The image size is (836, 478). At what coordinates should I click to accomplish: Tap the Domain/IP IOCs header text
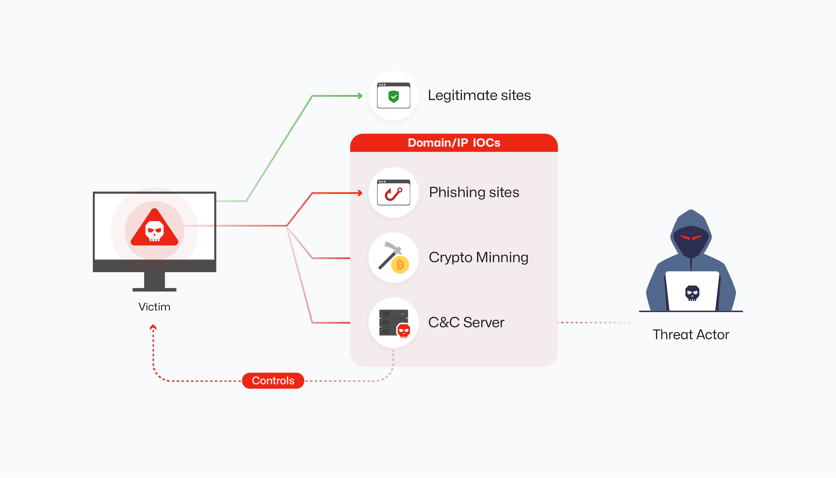tap(454, 143)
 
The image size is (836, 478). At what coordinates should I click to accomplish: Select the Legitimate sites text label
tap(479, 95)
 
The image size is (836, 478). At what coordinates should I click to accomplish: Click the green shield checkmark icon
tap(393, 96)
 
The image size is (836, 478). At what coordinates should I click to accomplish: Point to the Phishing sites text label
tap(474, 192)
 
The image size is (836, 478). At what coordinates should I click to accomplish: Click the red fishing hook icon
tap(393, 194)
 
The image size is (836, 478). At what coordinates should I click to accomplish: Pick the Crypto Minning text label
tap(478, 257)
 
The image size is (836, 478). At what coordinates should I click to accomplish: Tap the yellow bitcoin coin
tap(400, 265)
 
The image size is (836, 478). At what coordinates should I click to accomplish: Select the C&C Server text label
tap(466, 322)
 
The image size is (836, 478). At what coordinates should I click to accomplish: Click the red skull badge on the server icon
tap(404, 330)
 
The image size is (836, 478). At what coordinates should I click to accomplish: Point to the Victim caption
tap(154, 307)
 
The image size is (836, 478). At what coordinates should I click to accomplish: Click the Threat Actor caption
tap(691, 334)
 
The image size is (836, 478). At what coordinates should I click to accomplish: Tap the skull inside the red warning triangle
tap(154, 231)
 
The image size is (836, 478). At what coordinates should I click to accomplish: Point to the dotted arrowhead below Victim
tap(153, 327)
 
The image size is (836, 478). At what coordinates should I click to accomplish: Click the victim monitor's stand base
tap(154, 290)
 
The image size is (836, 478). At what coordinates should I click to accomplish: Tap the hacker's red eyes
tap(691, 237)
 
